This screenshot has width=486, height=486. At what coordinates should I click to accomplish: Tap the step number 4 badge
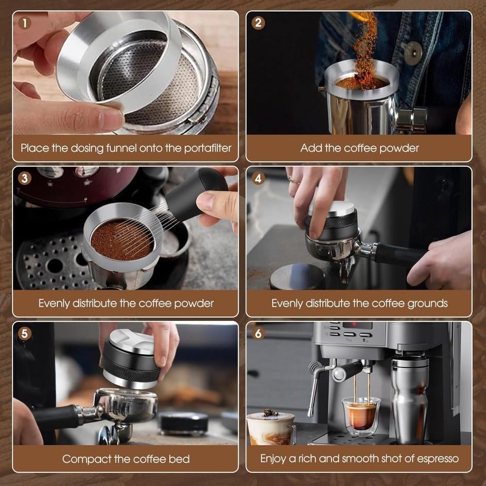258,178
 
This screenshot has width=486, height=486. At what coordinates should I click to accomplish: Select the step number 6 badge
258,333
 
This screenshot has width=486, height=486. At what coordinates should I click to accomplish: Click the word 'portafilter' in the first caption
204,148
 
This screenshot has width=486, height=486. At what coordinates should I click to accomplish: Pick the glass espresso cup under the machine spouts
361,413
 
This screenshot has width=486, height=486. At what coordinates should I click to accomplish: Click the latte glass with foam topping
270,428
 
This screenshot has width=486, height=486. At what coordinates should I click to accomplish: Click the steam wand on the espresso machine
313,389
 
